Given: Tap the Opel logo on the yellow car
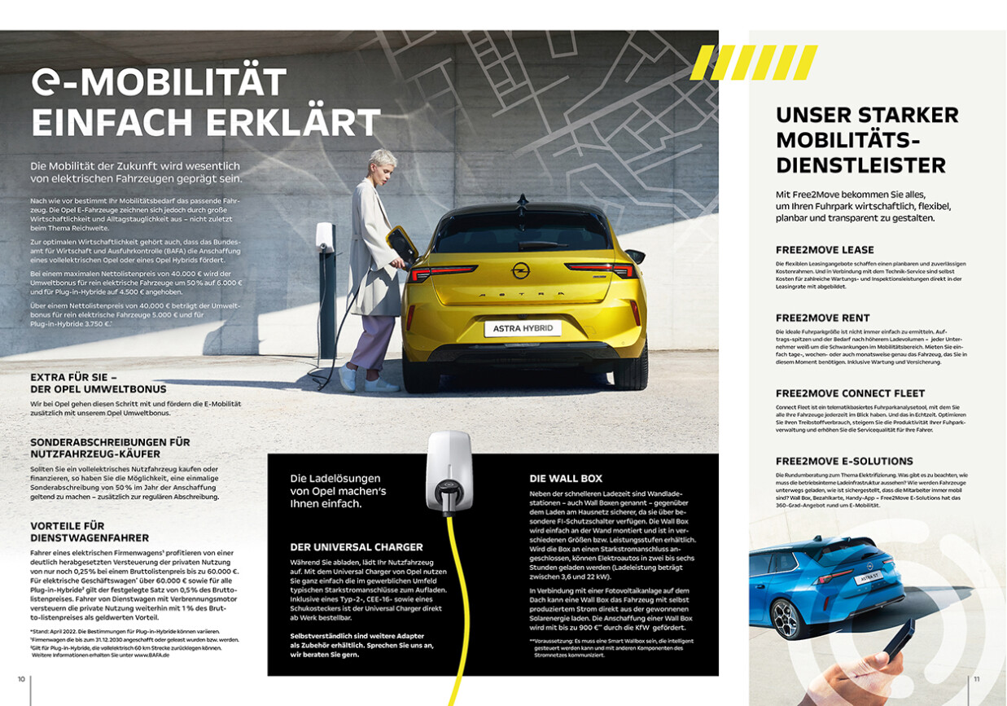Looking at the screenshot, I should click(520, 270).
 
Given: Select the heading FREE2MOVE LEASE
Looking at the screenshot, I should click(825, 250).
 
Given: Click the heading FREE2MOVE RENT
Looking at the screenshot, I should click(822, 318).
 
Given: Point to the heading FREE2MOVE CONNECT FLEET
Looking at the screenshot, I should click(850, 393).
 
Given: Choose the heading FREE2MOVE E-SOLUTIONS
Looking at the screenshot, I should click(844, 461).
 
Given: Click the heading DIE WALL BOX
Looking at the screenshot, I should click(566, 478).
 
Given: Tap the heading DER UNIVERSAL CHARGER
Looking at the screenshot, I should click(356, 547).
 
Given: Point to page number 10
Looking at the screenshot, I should click(21, 677).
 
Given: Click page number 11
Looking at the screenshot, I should click(977, 677).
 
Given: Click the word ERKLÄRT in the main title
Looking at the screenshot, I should click(289, 122).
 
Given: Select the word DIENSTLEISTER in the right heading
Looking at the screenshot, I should click(860, 165).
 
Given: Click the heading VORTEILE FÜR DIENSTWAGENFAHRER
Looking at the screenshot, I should click(90, 532).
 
